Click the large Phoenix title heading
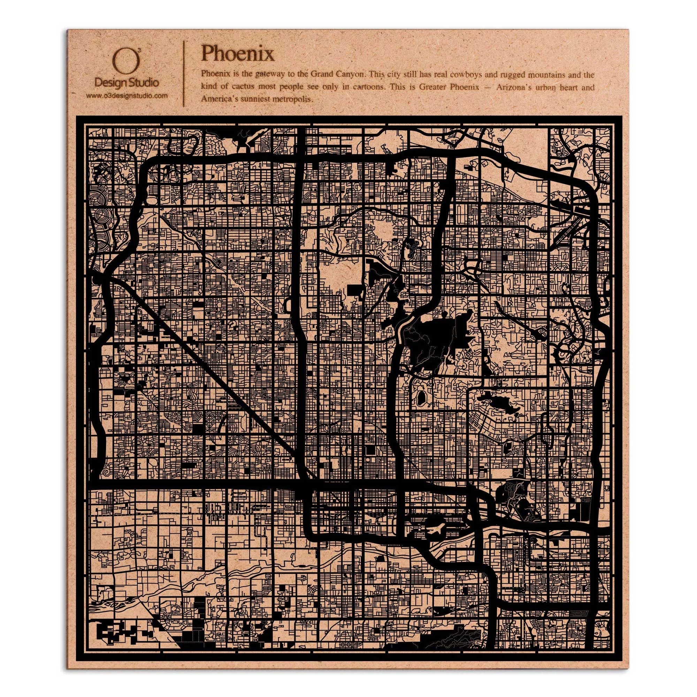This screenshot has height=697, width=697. click(237, 54)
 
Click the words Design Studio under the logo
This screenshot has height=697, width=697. click(126, 83)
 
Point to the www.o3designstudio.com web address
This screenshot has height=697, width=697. click(127, 95)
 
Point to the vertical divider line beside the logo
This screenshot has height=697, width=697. click(185, 74)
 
